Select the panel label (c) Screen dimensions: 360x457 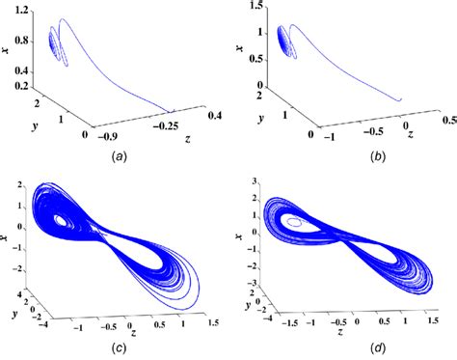[124, 346]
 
